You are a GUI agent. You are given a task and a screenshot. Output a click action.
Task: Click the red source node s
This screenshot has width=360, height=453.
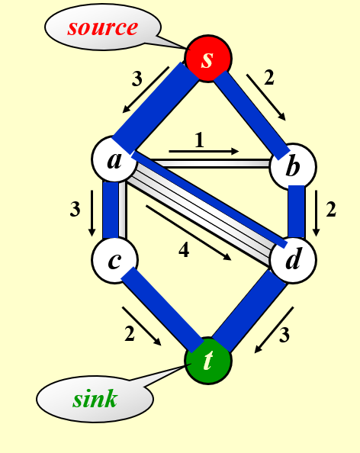tap(208, 59)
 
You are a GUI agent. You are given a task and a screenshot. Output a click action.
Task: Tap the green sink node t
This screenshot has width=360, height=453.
tap(208, 361)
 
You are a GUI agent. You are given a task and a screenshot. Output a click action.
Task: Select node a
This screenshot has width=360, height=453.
tap(114, 159)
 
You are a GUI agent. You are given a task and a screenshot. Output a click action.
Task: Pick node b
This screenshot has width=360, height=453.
tap(293, 166)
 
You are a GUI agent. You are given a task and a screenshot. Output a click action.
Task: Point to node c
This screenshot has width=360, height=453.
tap(114, 261)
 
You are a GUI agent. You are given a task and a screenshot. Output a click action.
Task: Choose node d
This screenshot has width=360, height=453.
tap(293, 259)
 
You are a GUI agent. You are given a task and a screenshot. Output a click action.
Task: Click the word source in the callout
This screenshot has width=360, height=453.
tap(102, 27)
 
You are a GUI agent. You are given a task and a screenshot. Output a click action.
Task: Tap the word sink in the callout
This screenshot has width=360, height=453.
tap(95, 399)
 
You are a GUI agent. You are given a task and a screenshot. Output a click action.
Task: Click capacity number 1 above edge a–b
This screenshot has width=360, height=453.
tap(199, 140)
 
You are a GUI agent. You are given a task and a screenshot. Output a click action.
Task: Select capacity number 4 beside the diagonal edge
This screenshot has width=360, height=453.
tap(184, 249)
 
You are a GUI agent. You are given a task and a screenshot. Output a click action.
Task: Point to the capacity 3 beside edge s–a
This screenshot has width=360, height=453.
tap(137, 79)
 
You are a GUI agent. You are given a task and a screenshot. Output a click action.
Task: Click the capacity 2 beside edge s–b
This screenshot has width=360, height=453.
tap(269, 78)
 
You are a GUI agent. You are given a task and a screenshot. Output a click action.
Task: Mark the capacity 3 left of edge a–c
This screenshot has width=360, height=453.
tap(75, 209)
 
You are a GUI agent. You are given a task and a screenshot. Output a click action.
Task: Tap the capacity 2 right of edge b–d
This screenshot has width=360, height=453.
tap(331, 209)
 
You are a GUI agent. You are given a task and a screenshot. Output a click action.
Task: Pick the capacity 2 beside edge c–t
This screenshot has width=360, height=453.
tap(130, 334)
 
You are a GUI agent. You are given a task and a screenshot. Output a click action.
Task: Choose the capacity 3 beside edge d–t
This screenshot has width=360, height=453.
tap(284, 335)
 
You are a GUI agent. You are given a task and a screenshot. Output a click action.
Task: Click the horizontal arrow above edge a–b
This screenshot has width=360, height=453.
tap(204, 151)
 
